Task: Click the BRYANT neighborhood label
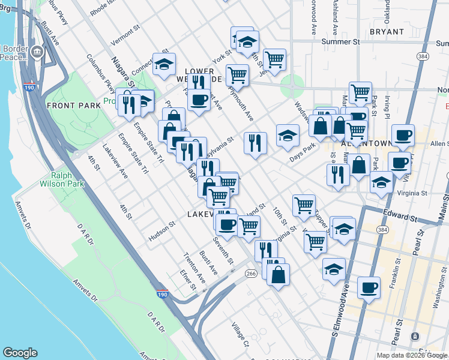[x=387, y=32]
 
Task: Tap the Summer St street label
[x=340, y=42]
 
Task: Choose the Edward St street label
[x=414, y=217]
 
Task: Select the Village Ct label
[x=240, y=335]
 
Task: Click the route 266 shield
[x=251, y=274]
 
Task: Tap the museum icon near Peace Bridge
[x=37, y=52]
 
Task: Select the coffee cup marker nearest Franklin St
[x=369, y=287]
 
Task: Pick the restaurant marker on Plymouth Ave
[x=256, y=142]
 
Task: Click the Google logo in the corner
[x=20, y=353]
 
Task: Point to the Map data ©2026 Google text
[x=411, y=355]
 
